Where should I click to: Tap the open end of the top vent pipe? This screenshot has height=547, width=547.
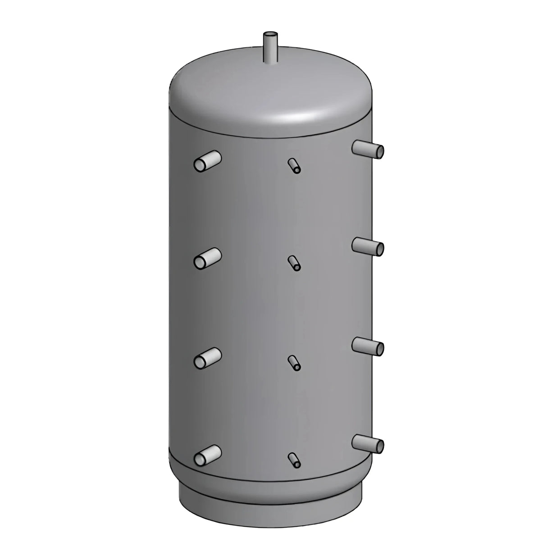(x=270, y=34)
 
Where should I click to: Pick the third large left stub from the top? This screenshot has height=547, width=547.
(x=208, y=357)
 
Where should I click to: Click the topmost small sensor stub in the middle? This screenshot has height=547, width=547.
(x=294, y=165)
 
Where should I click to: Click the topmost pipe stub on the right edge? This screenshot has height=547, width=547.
(x=368, y=149)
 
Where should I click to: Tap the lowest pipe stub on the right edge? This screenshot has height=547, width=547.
(x=368, y=442)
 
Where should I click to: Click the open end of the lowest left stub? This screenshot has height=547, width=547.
(x=200, y=459)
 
